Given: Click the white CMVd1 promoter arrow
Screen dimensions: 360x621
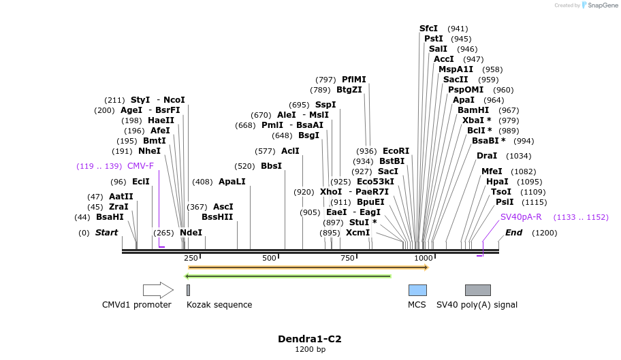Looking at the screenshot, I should click(158, 290).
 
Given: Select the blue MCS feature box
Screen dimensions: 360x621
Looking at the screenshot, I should click(417, 290).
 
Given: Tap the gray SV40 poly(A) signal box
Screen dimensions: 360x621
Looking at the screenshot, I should click(477, 290).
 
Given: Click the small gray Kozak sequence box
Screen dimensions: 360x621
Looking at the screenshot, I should click(189, 290).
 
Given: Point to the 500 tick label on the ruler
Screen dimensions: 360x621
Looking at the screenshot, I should click(269, 258).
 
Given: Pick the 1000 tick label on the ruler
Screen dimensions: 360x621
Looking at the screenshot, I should click(424, 258).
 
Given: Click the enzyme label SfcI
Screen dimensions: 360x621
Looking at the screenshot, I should click(428, 29).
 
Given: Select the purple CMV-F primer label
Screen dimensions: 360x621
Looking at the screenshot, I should click(140, 166).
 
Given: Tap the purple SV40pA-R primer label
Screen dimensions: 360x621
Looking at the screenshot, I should click(521, 217).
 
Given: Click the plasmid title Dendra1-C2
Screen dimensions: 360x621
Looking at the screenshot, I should click(310, 339).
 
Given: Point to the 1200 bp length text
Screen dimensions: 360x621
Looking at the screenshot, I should click(310, 350).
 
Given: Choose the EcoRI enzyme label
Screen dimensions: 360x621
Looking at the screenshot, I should click(396, 151).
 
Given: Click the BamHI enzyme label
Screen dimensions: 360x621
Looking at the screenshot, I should click(473, 110).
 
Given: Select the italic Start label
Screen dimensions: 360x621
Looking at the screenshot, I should click(106, 233).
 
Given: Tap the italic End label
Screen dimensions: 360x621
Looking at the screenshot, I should click(513, 233).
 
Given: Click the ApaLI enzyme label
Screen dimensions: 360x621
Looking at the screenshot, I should click(232, 182).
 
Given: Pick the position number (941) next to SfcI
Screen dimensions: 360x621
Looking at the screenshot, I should click(458, 29).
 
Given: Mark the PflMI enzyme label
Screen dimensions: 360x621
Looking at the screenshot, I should click(353, 80).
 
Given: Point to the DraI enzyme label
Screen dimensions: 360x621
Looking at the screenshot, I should click(487, 156).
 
